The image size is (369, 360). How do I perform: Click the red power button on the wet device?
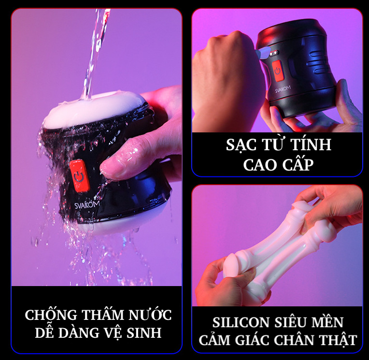79,175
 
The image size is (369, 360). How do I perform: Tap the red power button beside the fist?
277,71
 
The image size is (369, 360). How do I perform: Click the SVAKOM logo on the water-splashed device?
87,204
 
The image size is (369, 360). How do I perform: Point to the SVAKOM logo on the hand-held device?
283,89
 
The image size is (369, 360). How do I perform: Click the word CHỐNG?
51,314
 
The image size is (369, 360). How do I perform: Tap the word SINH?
144,332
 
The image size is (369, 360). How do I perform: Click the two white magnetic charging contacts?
273,54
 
